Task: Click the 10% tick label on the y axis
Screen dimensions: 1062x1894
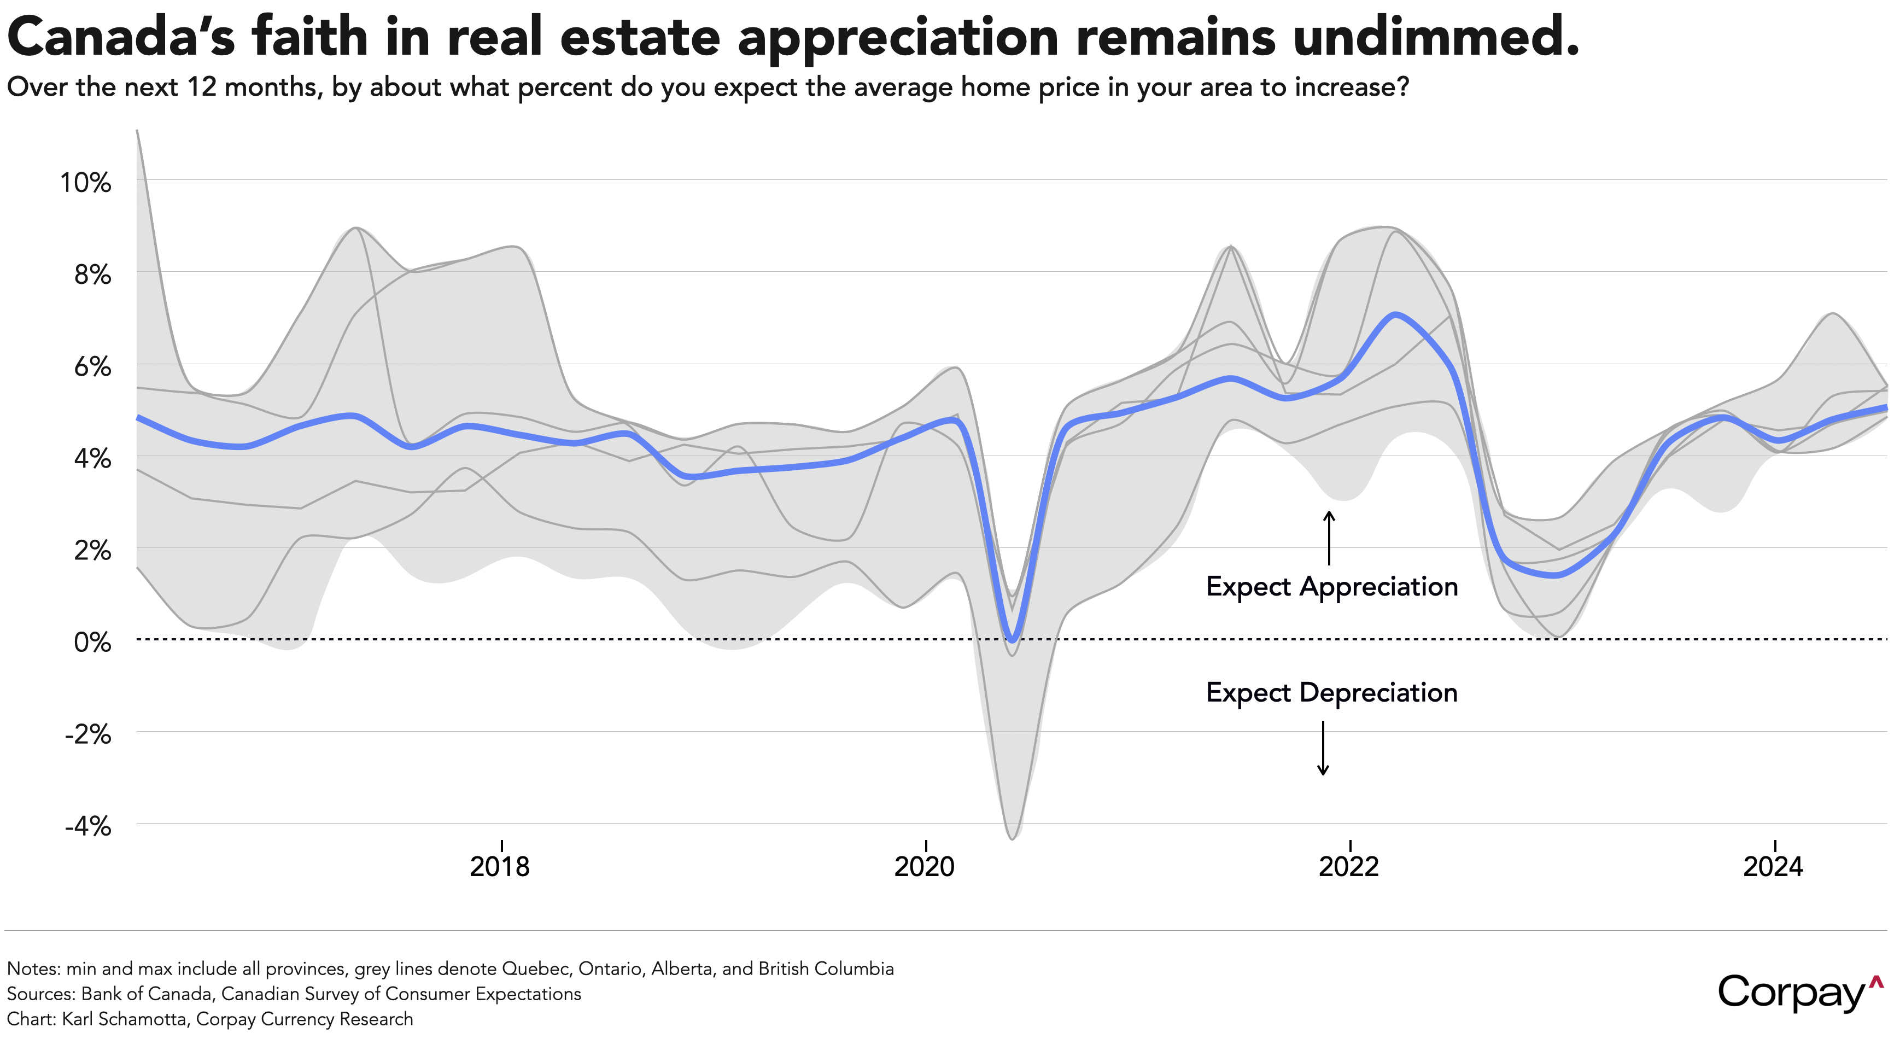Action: click(85, 183)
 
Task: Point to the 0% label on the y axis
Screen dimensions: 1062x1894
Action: click(92, 643)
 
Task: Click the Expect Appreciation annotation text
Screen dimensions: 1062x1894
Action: click(1331, 587)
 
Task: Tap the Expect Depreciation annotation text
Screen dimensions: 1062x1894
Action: click(1331, 693)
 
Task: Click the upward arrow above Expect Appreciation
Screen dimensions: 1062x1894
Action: click(1329, 538)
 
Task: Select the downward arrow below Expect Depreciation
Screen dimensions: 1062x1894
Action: click(1323, 748)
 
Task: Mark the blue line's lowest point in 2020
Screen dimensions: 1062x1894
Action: click(1013, 639)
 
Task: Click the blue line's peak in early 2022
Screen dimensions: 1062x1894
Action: click(1395, 315)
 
